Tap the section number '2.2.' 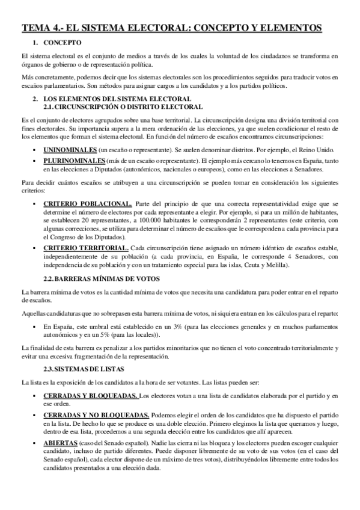tap(52, 278)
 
